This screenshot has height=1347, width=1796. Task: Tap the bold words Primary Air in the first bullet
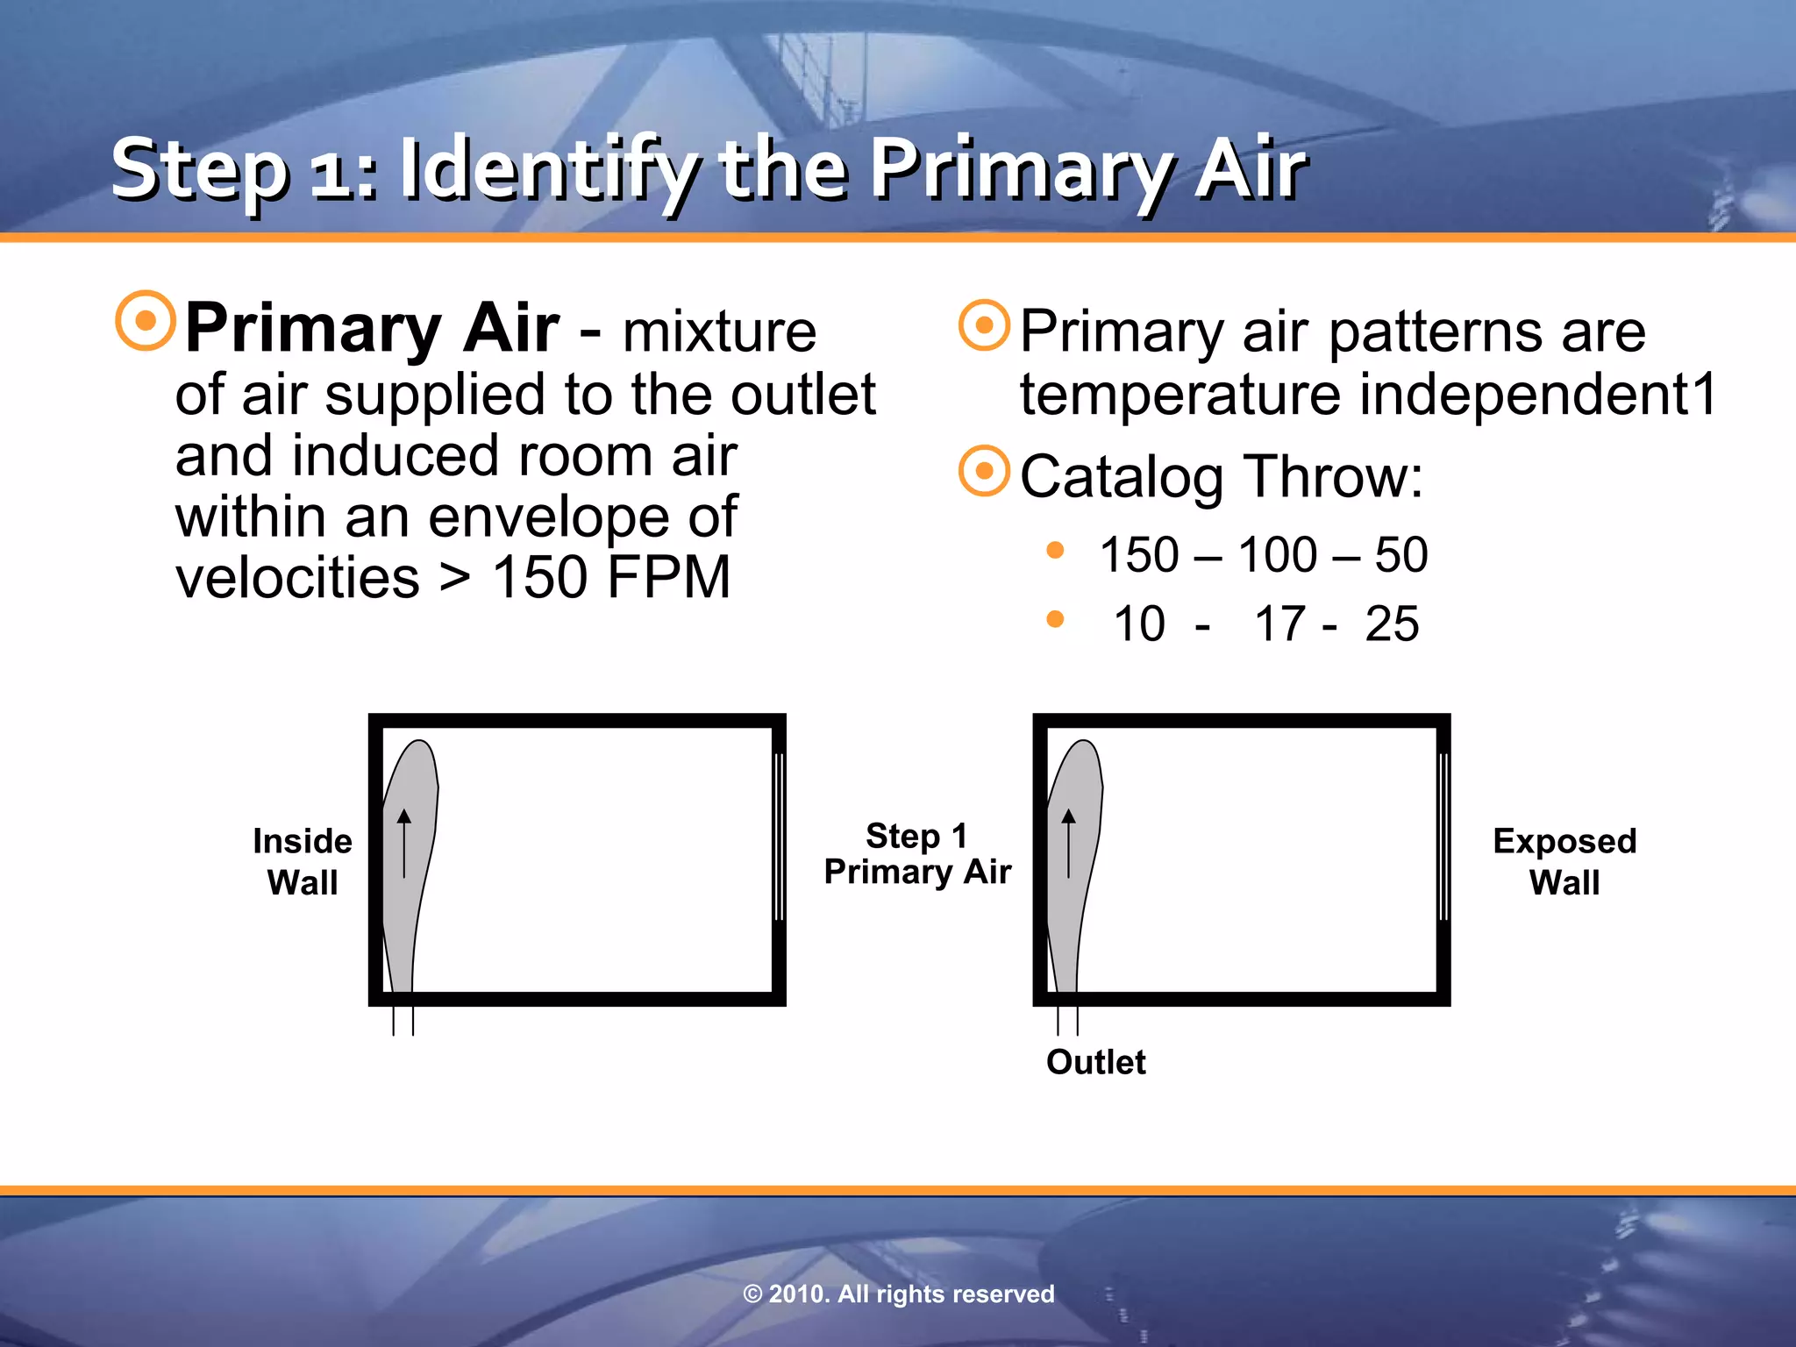coord(372,328)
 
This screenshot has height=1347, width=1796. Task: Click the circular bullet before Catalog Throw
coord(984,471)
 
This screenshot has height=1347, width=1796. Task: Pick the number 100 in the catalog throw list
coord(1277,555)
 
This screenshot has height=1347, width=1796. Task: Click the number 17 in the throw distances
coord(1280,624)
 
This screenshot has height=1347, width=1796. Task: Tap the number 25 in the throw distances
coord(1392,624)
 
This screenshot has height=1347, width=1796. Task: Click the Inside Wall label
coord(303,861)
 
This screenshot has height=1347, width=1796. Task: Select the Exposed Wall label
coord(1564,861)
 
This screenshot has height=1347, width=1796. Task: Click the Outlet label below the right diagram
coord(1095,1062)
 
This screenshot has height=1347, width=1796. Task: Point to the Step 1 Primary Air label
coord(917,854)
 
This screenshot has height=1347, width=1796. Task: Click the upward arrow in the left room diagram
coord(404,843)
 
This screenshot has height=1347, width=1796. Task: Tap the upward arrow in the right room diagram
coord(1068,843)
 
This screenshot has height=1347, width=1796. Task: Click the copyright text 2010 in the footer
coord(797,1294)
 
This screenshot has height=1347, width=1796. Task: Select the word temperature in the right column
coord(1180,394)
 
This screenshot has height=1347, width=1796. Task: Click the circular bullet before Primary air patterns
coord(984,325)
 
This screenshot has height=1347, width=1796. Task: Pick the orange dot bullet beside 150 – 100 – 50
coord(1055,551)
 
